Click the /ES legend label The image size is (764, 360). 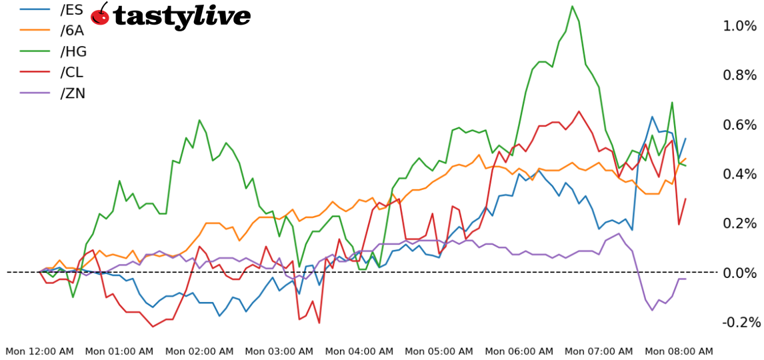pyautogui.click(x=71, y=10)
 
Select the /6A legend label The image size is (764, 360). pyautogui.click(x=72, y=31)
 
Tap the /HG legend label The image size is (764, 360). pyautogui.click(x=73, y=51)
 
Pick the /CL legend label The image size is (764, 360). pyautogui.click(x=71, y=72)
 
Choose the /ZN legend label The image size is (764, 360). pyautogui.click(x=72, y=93)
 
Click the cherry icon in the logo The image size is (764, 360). pyautogui.click(x=100, y=14)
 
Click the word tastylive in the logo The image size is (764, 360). pyautogui.click(x=181, y=16)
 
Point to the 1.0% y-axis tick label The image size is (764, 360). pyautogui.click(x=740, y=26)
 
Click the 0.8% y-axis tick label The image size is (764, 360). pyautogui.click(x=740, y=75)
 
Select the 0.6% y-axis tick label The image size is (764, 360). pyautogui.click(x=740, y=125)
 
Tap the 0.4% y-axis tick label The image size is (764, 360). pyautogui.click(x=740, y=174)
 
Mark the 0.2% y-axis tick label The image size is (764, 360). pyautogui.click(x=740, y=223)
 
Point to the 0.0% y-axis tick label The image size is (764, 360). pyautogui.click(x=740, y=273)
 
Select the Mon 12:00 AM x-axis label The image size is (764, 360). pyautogui.click(x=40, y=351)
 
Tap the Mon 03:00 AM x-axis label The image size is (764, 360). pyautogui.click(x=279, y=351)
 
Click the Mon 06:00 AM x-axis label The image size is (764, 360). pyautogui.click(x=519, y=351)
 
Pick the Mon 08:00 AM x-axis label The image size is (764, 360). pyautogui.click(x=679, y=351)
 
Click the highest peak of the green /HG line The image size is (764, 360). pyautogui.click(x=572, y=6)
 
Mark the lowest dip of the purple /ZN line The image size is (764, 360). pyautogui.click(x=652, y=310)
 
